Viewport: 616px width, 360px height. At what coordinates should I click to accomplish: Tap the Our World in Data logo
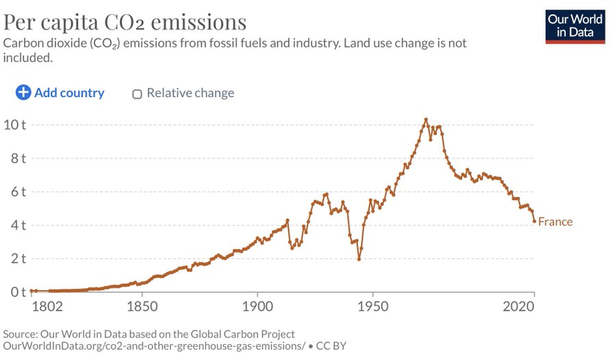pyautogui.click(x=576, y=25)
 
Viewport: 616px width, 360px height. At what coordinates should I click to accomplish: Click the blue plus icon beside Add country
pyautogui.click(x=23, y=92)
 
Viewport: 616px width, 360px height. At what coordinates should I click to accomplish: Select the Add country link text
pyautogui.click(x=69, y=92)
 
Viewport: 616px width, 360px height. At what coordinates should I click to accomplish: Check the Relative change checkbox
pyautogui.click(x=137, y=94)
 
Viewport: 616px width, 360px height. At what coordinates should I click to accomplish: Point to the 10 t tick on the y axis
pyautogui.click(x=14, y=125)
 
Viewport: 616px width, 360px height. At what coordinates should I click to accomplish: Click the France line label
pyautogui.click(x=555, y=222)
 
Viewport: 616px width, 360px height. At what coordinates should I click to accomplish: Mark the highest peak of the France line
pyautogui.click(x=426, y=119)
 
